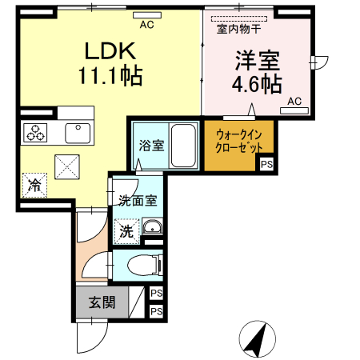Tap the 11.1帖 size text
(x=110, y=77)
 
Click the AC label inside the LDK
(x=146, y=25)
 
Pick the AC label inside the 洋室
(x=294, y=101)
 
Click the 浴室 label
(x=150, y=146)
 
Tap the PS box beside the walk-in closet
(x=266, y=164)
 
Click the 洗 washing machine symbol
(x=126, y=231)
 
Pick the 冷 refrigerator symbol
(x=34, y=185)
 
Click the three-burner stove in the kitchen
(x=37, y=132)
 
